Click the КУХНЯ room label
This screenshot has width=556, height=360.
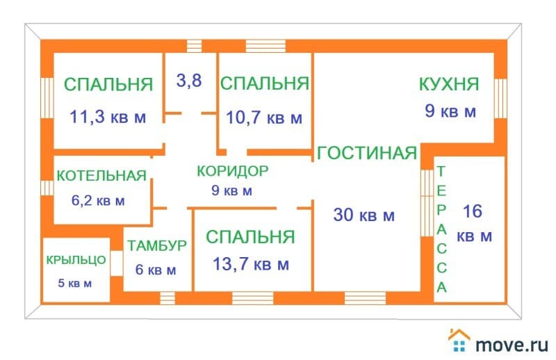[x=449, y=85]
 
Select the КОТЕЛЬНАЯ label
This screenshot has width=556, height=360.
[x=101, y=175]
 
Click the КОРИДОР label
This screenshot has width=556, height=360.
[x=232, y=170]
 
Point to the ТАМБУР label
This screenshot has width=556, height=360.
[x=157, y=245]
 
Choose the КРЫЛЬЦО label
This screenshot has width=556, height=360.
[x=76, y=261]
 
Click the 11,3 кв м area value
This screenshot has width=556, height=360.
[x=108, y=117]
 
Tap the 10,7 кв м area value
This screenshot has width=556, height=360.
[x=264, y=117]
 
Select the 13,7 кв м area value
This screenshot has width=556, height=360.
[x=251, y=264]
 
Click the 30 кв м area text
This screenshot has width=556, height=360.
[x=364, y=215]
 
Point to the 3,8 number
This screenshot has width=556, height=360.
[x=188, y=81]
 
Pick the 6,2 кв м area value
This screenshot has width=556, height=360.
[x=98, y=202]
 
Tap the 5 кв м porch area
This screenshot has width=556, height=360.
[x=74, y=283]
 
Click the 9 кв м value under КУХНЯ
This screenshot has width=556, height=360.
[x=450, y=111]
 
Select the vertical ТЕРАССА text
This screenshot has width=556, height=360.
[x=442, y=229]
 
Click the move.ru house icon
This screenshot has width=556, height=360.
[x=459, y=341]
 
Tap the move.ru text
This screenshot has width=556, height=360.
[x=512, y=343]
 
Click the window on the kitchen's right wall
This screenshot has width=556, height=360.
[x=500, y=97]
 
